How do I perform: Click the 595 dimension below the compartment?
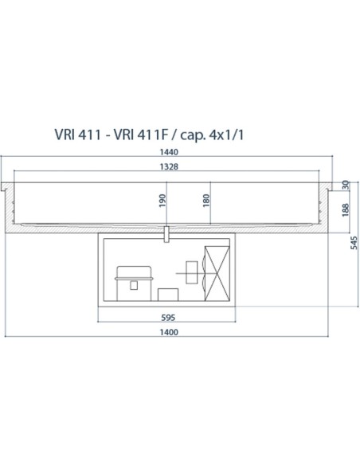pyautogui.click(x=167, y=317)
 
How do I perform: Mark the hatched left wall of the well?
pyautogui.click(x=12, y=209)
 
